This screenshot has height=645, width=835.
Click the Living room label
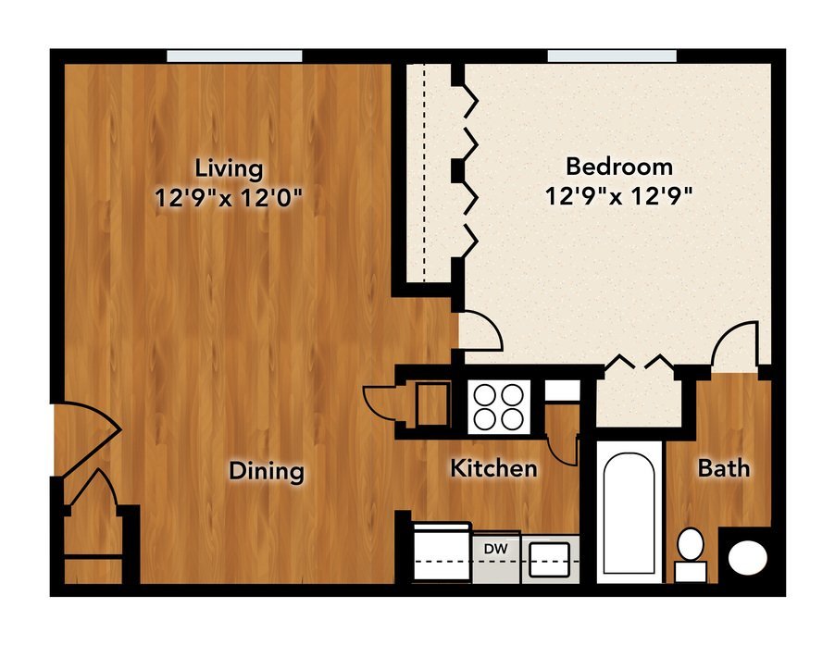229,168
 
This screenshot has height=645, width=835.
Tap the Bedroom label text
619,167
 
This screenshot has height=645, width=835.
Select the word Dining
267,472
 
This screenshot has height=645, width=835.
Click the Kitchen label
493,468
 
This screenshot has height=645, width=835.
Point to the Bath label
724,468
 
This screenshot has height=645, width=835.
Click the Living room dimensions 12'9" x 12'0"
229,198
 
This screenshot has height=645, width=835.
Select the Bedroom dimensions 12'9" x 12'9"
618,196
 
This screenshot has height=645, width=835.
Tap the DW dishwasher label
496,549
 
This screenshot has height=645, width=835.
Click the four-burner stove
500,407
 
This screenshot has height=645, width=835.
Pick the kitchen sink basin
550,559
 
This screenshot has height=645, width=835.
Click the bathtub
629,512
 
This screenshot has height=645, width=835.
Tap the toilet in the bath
691,554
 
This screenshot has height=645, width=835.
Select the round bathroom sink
748,558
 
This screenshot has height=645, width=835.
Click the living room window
234,56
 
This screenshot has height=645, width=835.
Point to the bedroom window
613,56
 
